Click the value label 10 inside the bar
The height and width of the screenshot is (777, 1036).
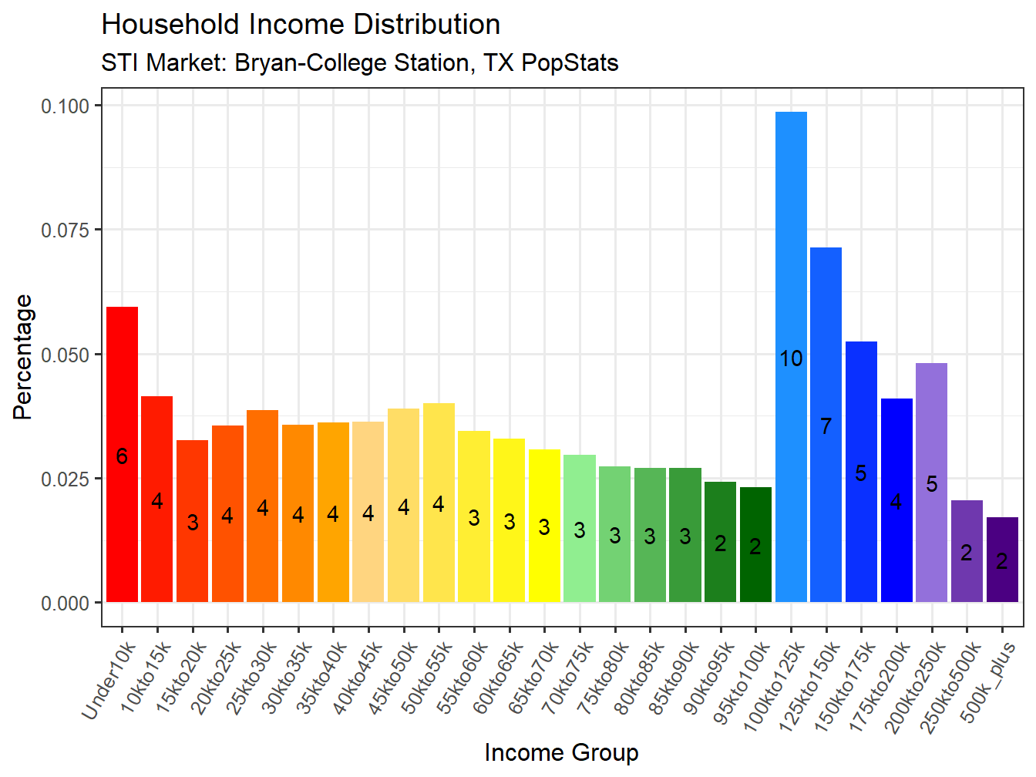click(x=791, y=358)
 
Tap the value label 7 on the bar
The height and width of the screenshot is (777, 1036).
click(x=826, y=426)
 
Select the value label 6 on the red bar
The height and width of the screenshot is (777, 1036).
click(x=122, y=457)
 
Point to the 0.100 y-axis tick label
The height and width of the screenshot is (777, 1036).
click(x=66, y=106)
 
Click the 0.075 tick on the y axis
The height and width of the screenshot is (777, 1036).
click(x=66, y=230)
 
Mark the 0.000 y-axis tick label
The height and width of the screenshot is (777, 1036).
click(x=66, y=604)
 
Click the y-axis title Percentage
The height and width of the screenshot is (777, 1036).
click(x=23, y=357)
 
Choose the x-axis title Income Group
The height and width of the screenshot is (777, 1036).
click(x=561, y=752)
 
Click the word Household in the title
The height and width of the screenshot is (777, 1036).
click(x=170, y=25)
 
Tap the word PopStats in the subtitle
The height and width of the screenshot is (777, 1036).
click(x=570, y=62)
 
